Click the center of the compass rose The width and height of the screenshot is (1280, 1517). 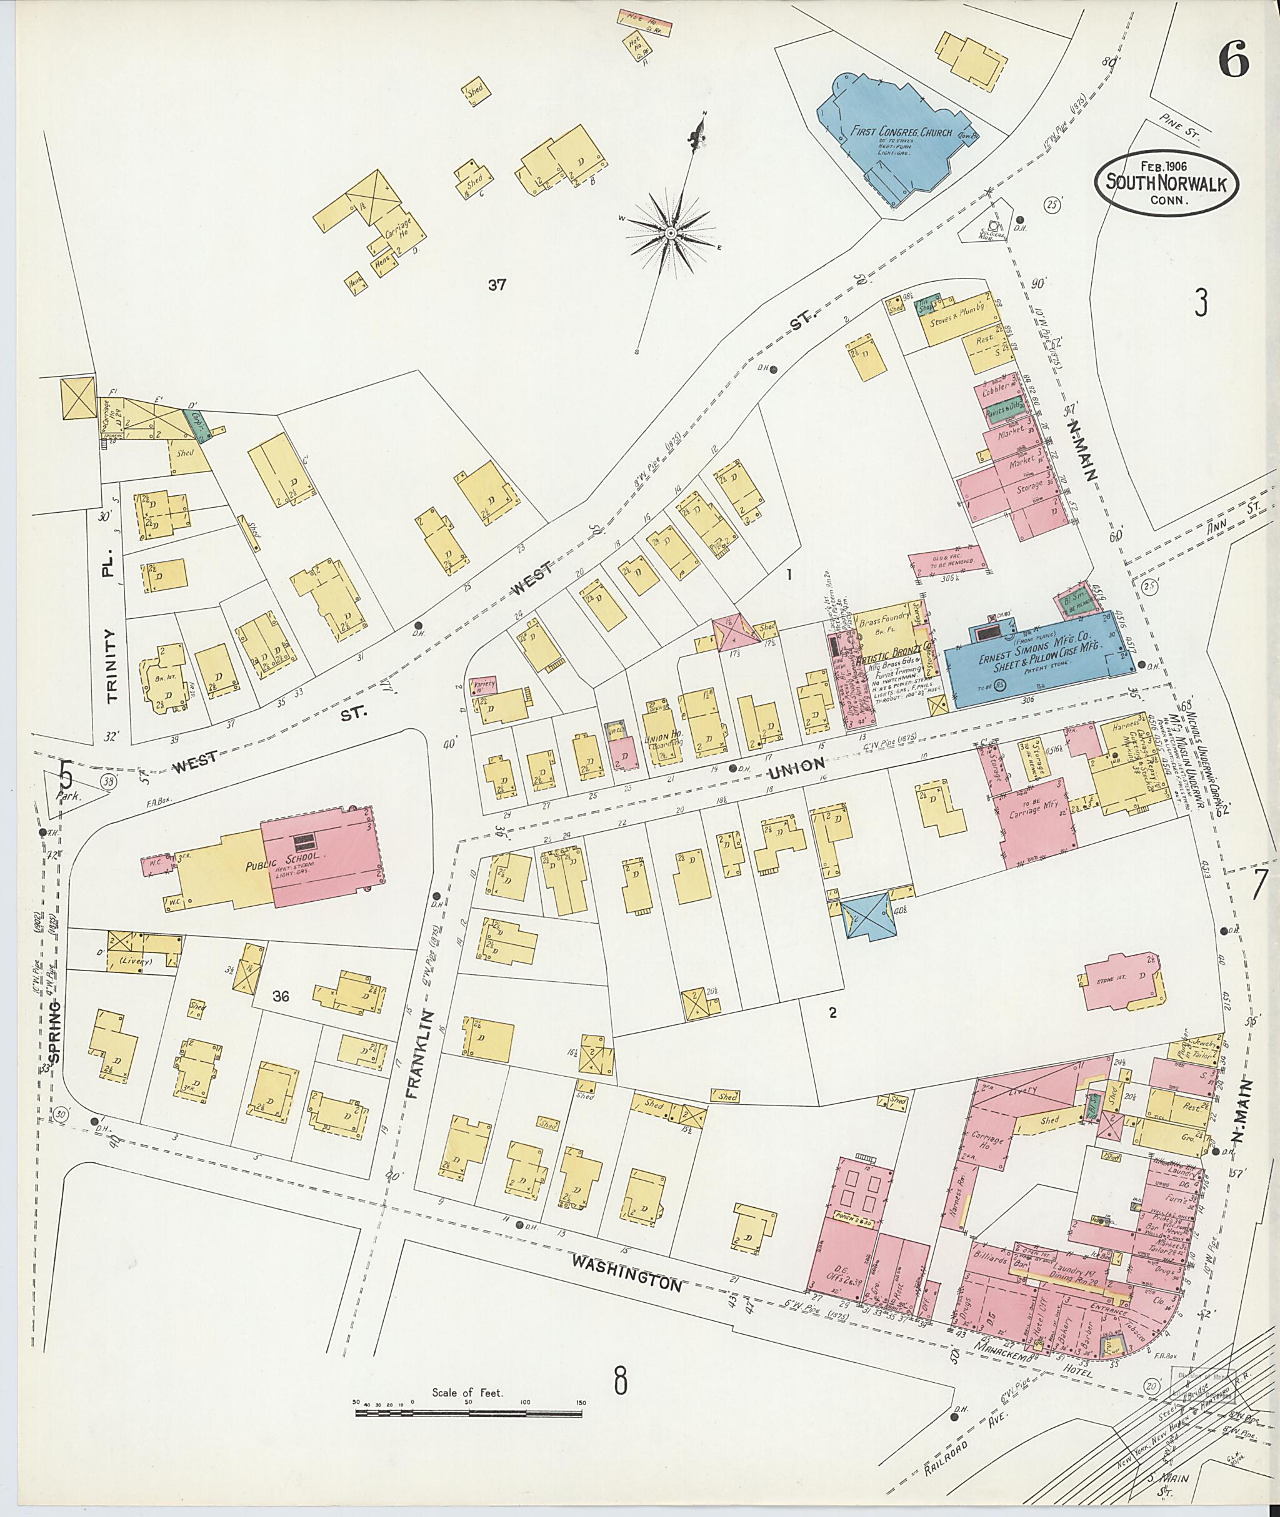671,233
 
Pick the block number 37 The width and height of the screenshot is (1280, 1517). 496,285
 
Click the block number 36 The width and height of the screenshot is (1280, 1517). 281,996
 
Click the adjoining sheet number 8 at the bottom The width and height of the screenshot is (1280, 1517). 621,1381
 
